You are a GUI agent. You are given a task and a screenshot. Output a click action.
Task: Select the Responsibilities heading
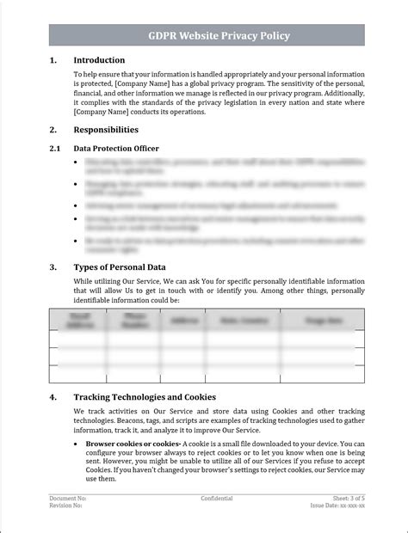[x=106, y=130]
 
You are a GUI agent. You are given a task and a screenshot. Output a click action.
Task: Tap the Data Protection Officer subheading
[x=116, y=149]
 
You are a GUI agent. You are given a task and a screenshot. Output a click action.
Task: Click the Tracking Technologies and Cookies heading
[x=143, y=398]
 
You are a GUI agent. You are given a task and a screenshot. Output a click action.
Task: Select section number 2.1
[x=54, y=149]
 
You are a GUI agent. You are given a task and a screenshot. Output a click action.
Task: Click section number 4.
[x=53, y=398]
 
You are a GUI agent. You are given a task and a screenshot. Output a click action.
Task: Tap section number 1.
[x=53, y=60]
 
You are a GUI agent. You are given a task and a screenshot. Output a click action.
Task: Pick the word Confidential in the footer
[x=217, y=499]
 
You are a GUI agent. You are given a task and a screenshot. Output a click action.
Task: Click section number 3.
[x=53, y=267]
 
